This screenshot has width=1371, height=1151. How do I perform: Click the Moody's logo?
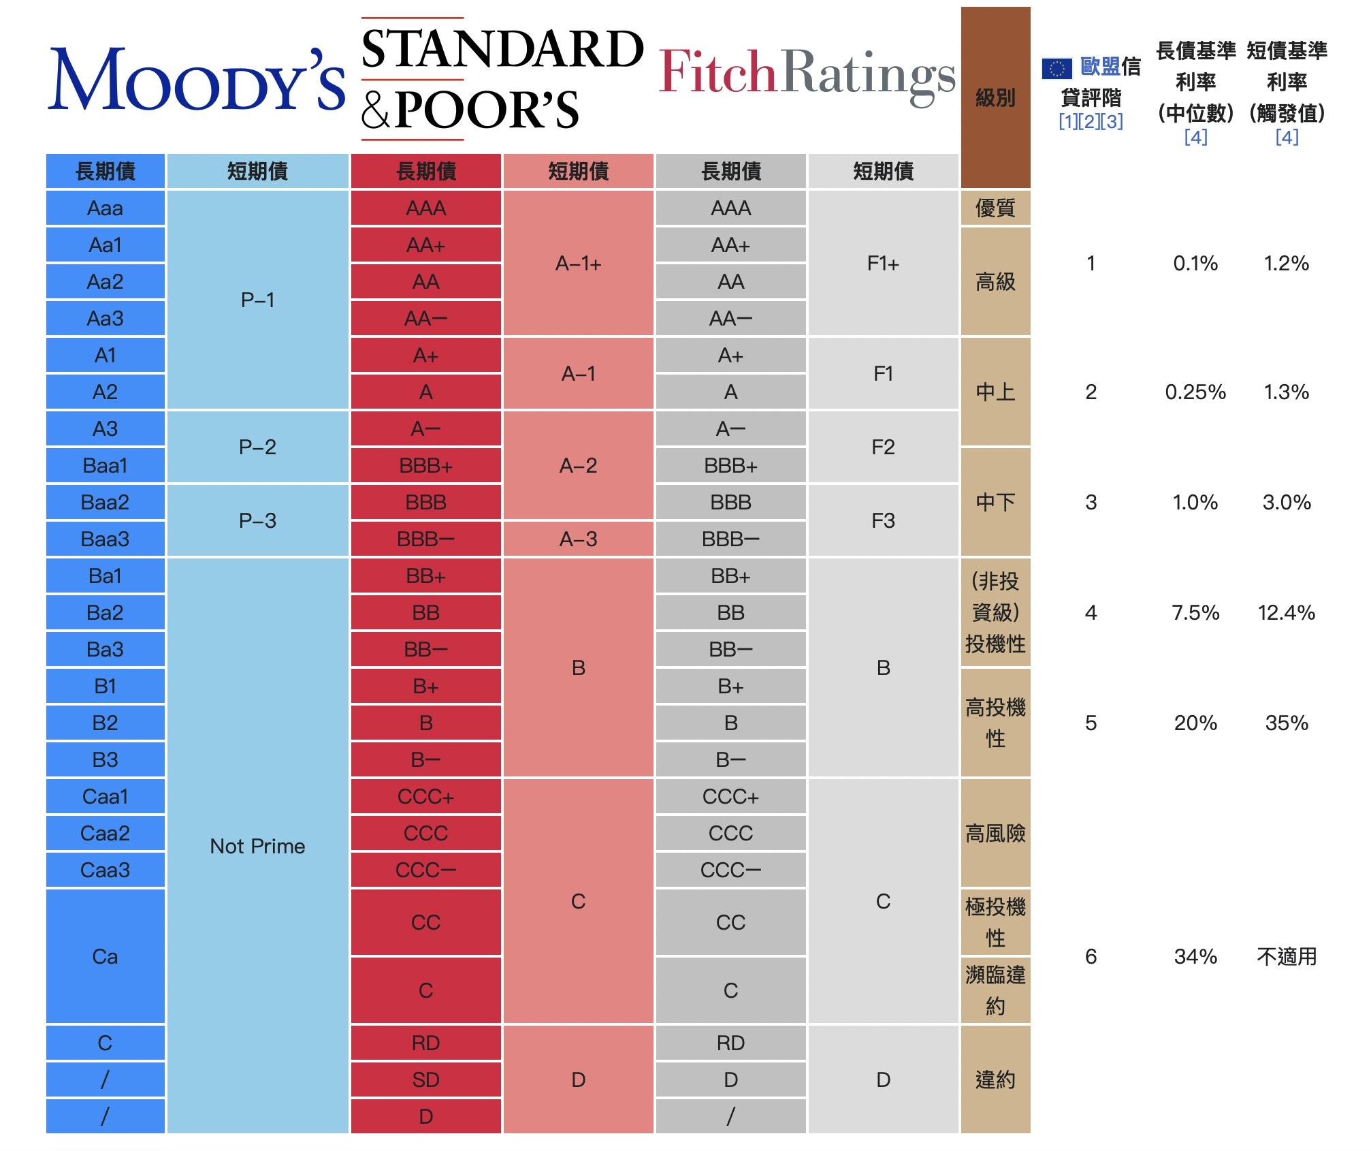click(x=196, y=80)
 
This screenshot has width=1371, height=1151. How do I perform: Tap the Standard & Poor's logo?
click(x=502, y=79)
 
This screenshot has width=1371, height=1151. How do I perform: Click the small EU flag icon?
click(x=1057, y=68)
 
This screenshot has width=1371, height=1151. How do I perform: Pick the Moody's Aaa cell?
click(x=106, y=208)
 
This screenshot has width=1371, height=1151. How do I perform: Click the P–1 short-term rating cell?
click(x=257, y=300)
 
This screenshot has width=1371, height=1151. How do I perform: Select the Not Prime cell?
click(x=257, y=846)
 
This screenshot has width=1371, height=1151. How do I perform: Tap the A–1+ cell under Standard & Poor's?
click(x=578, y=263)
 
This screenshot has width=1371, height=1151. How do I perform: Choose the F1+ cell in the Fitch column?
click(x=883, y=263)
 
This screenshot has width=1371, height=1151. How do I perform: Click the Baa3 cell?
click(x=106, y=539)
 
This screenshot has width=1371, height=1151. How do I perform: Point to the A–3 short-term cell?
click(x=578, y=539)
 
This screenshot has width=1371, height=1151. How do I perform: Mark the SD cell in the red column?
click(x=425, y=1079)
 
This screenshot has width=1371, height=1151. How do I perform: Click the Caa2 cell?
click(x=106, y=833)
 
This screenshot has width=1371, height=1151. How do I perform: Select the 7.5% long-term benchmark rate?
click(x=1195, y=613)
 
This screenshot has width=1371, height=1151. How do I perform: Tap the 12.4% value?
click(x=1287, y=613)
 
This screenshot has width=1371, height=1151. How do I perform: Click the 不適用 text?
click(x=1287, y=957)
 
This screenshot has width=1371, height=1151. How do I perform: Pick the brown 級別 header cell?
click(x=995, y=97)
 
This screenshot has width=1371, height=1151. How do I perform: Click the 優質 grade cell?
click(x=995, y=208)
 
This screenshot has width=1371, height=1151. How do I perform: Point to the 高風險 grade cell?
click(x=995, y=833)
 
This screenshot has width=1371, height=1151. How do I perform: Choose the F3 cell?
click(x=883, y=520)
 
